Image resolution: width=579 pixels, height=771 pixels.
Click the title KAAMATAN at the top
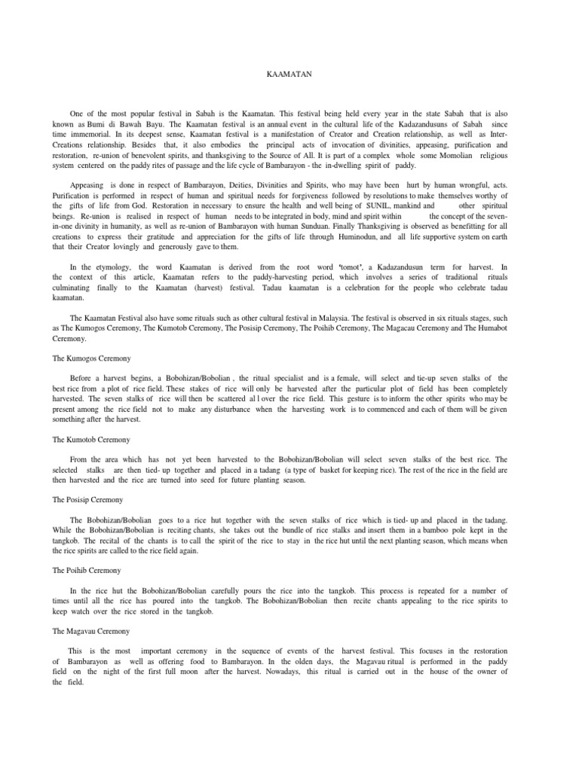pyautogui.click(x=289, y=75)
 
